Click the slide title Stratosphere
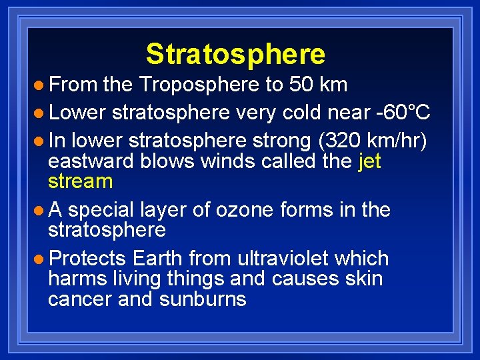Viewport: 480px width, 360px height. [x=235, y=54]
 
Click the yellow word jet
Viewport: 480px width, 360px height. [x=369, y=161]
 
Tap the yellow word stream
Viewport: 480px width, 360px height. [x=80, y=181]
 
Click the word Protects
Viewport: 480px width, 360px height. [x=87, y=258]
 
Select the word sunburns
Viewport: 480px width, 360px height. [x=203, y=299]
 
